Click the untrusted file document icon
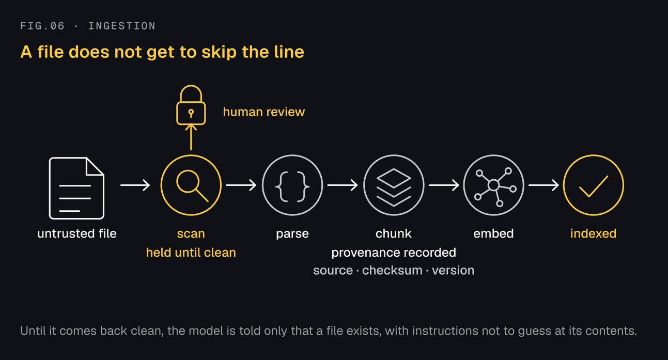pyautogui.click(x=76, y=188)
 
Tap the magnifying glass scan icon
pyautogui.click(x=191, y=185)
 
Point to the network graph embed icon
pyautogui.click(x=493, y=185)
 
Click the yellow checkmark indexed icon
pyautogui.click(x=594, y=185)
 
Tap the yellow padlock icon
pyautogui.click(x=191, y=105)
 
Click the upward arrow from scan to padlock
pyautogui.click(x=191, y=137)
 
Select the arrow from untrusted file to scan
pyautogui.click(x=135, y=185)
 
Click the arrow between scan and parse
pyautogui.click(x=241, y=185)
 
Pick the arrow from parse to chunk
pyautogui.click(x=343, y=185)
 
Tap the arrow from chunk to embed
pyautogui.click(x=444, y=185)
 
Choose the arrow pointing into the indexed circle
pyautogui.click(x=543, y=185)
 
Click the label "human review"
pyautogui.click(x=264, y=112)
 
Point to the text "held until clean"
pyautogui.click(x=191, y=253)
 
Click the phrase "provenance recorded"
pyautogui.click(x=394, y=253)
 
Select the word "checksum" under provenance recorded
pyautogui.click(x=392, y=271)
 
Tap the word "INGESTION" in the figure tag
pyautogui.click(x=122, y=26)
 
